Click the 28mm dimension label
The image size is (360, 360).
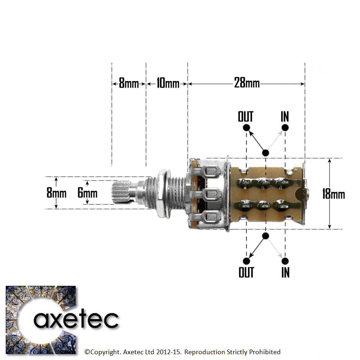point(247,83)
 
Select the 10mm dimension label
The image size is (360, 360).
point(167,84)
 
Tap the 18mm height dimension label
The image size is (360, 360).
point(333,194)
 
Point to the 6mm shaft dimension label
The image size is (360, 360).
point(87,193)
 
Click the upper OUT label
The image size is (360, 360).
point(246,117)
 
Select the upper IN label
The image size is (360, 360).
point(285,117)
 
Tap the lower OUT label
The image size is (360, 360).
point(246,272)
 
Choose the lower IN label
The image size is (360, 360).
point(285,272)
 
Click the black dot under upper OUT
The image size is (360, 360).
point(246,127)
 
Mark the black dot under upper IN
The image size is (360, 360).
point(285,127)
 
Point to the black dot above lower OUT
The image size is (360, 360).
point(246,261)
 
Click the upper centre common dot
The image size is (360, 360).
point(265,153)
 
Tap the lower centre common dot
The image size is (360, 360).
point(265,236)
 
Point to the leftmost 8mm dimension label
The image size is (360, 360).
point(129,84)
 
